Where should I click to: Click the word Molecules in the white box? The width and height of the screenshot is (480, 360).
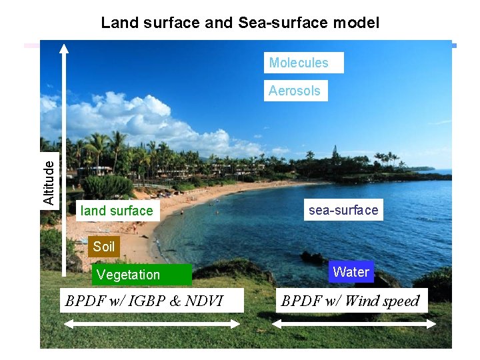tap(299, 63)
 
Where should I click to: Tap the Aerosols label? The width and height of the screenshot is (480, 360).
tap(295, 91)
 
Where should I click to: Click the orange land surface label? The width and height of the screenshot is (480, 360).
tap(117, 211)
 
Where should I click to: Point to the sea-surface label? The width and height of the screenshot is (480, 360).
tap(343, 210)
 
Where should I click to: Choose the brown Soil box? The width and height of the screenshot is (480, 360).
tap(104, 247)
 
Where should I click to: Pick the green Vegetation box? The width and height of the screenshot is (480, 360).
tap(129, 275)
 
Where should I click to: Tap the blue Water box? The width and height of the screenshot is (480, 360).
tap(351, 272)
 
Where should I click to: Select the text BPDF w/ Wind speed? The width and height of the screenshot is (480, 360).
tap(350, 301)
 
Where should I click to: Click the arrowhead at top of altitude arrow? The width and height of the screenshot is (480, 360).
tap(63, 48)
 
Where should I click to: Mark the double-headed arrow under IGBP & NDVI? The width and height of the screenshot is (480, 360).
tap(151, 324)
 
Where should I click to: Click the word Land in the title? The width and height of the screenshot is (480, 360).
tap(116, 23)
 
